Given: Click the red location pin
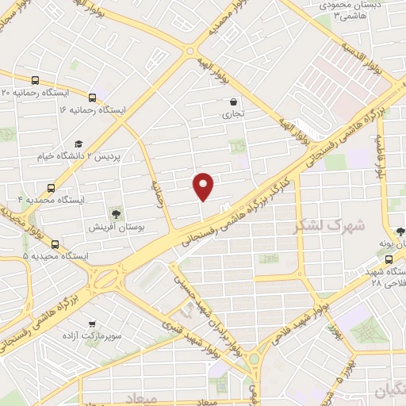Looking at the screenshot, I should [x=204, y=186].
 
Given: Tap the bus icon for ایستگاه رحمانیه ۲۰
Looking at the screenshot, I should [x=36, y=80].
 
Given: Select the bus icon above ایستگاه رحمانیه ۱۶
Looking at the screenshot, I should [x=93, y=98].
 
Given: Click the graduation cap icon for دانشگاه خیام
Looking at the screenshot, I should [x=78, y=144].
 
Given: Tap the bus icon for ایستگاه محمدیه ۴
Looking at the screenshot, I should [x=52, y=189].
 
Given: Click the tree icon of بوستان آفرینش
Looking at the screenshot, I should [x=117, y=213].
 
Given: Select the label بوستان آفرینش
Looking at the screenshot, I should [x=116, y=228].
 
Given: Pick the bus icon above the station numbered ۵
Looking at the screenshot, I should [x=55, y=244].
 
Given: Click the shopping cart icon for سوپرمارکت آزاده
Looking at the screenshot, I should [x=94, y=324].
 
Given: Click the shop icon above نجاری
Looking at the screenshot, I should [x=233, y=101].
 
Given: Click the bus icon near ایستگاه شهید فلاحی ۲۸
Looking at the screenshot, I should [x=389, y=259].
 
